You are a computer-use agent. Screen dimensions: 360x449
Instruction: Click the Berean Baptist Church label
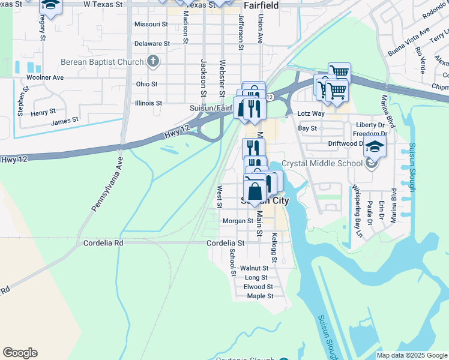101,62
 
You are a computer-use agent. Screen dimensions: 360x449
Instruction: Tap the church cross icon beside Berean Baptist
152,61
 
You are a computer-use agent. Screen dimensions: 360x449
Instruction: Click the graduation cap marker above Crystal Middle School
374,146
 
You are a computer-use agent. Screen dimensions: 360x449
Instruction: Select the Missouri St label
151,25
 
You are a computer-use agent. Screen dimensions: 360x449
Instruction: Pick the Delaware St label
152,44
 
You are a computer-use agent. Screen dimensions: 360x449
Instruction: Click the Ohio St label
147,84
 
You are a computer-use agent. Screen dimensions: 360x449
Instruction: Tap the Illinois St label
148,103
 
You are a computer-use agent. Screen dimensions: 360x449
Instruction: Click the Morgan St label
238,221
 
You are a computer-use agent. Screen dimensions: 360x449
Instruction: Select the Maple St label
260,296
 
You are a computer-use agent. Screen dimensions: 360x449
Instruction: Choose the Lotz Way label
311,113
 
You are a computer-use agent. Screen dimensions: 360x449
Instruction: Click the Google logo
20,353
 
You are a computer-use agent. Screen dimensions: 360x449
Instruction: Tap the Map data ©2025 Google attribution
411,355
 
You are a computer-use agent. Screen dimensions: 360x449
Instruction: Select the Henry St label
43,112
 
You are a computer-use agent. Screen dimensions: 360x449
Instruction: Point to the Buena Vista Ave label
409,41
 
